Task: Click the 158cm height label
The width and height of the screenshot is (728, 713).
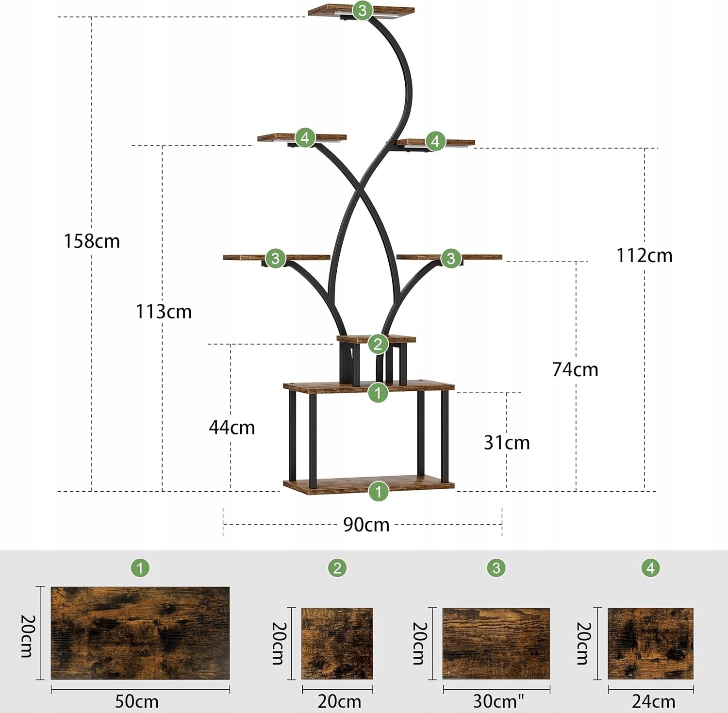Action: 92,241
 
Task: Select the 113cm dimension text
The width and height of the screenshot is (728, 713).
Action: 164,312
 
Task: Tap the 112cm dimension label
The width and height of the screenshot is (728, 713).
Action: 644,256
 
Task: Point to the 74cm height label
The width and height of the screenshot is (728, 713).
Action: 575,370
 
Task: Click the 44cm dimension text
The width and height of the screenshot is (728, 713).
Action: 232,428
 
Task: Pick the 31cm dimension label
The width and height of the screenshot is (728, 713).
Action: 507,443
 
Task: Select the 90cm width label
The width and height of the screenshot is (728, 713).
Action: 366,525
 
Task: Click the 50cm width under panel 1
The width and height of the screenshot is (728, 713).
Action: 136,701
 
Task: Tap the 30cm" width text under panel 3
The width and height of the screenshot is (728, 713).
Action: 498,701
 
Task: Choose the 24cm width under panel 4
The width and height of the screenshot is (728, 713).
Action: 653,701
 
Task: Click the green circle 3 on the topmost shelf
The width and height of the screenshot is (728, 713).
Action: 363,10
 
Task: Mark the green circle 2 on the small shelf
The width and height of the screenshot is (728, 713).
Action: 378,344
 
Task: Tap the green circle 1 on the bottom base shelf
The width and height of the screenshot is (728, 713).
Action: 378,491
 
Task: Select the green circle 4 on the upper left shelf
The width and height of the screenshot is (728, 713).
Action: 305,138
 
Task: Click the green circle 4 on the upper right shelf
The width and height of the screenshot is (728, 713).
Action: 435,141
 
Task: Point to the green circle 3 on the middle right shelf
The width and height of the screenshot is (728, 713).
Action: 451,258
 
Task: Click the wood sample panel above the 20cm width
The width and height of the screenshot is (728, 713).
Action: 337,644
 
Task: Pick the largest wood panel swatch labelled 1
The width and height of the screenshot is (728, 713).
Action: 140,633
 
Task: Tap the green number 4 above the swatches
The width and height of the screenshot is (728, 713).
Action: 650,567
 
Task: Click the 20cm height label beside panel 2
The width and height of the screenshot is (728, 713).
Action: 279,643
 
